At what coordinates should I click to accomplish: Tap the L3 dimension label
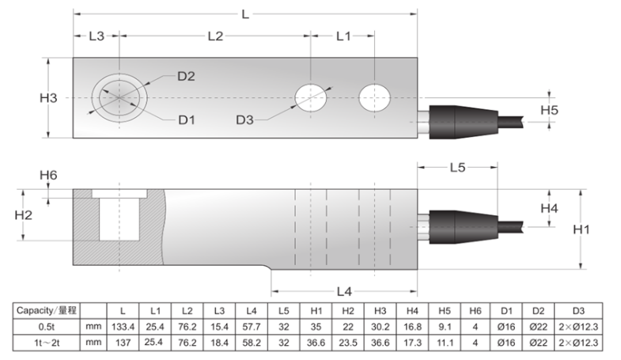click(x=96, y=36)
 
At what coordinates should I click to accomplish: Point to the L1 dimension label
click(x=343, y=36)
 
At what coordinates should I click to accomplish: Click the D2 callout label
click(x=186, y=76)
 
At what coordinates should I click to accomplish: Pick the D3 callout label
click(x=244, y=119)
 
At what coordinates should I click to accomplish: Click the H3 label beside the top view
click(x=48, y=98)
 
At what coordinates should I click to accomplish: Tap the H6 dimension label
click(x=48, y=175)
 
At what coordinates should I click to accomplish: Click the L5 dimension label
click(x=457, y=168)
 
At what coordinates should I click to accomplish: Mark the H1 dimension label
click(x=581, y=229)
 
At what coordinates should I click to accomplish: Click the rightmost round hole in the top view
click(x=373, y=98)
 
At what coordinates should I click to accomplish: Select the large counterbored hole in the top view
click(x=119, y=98)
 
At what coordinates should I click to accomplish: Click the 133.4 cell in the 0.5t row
click(x=123, y=327)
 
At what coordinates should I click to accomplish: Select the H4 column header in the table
click(x=411, y=311)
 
